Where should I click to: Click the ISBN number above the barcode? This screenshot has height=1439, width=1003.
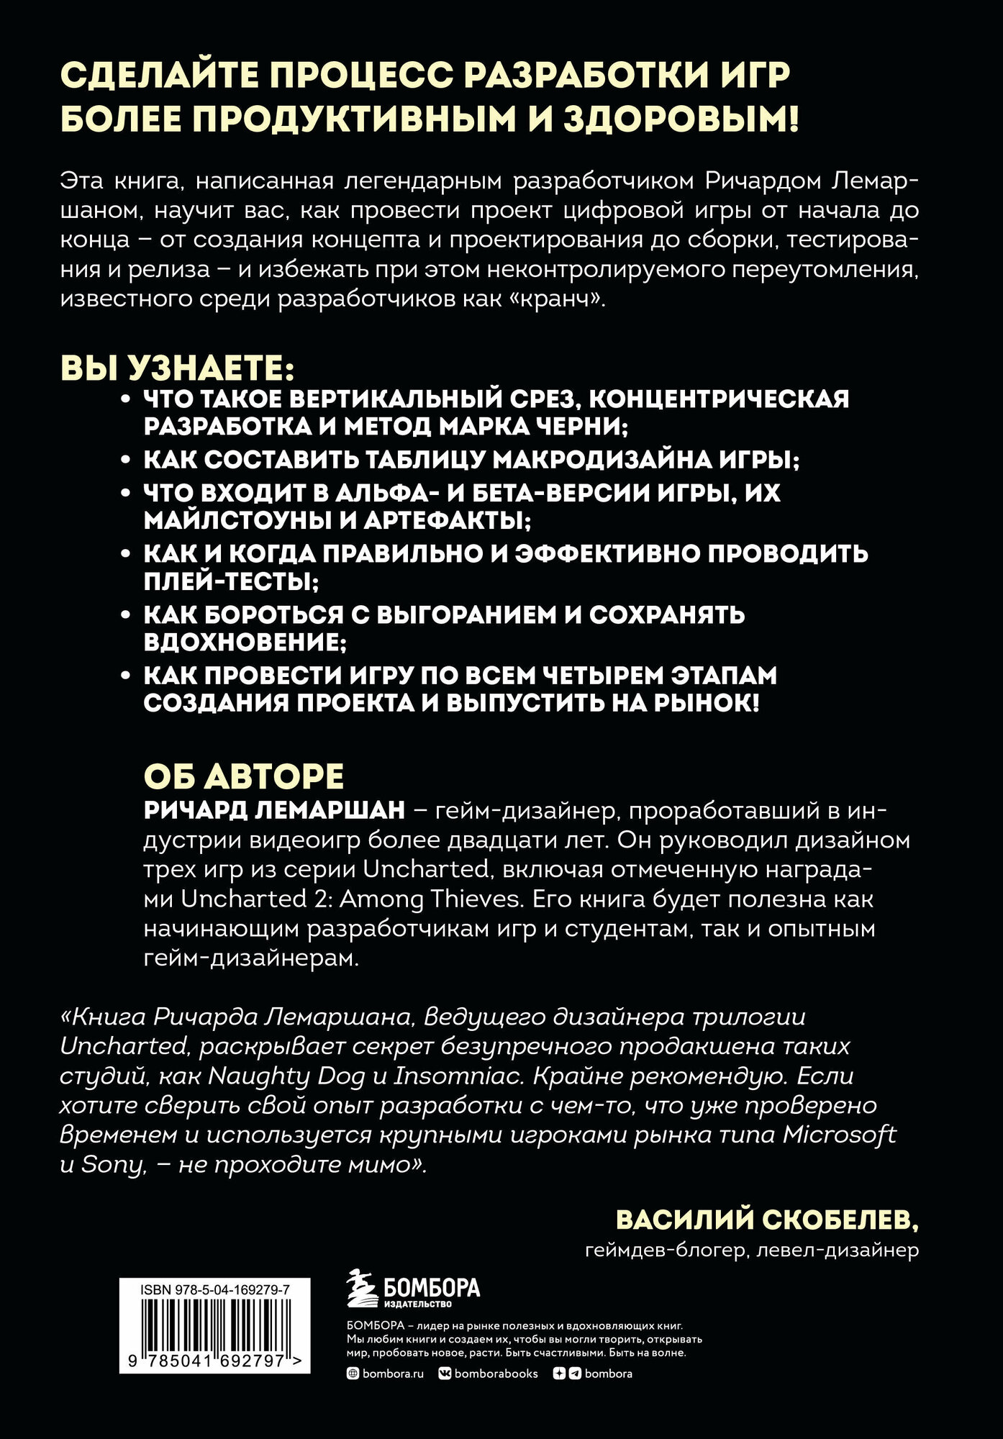214,1291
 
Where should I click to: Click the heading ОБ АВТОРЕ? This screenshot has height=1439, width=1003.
244,776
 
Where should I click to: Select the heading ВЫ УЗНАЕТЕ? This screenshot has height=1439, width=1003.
177,369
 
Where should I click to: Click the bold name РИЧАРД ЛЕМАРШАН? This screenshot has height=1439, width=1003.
274,810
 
